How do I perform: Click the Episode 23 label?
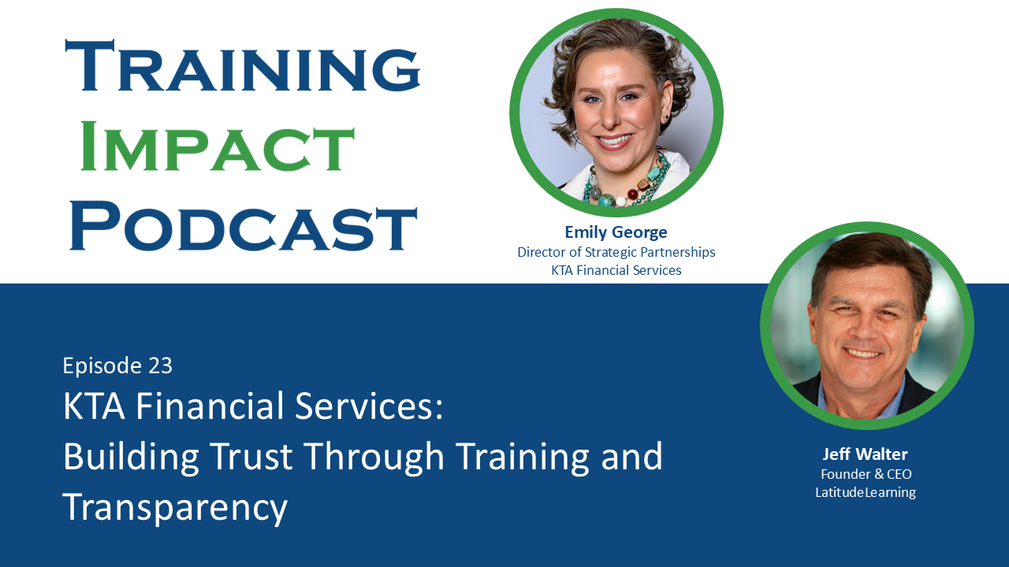(x=117, y=365)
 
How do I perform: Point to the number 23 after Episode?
(x=159, y=365)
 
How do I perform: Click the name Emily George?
(x=616, y=232)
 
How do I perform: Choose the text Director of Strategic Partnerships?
(x=616, y=252)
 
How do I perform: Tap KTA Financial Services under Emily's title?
(x=616, y=270)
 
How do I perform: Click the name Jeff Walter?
(x=865, y=454)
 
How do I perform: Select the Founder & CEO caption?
(x=866, y=474)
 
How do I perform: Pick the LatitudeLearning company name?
(x=866, y=492)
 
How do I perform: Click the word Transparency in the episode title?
(x=175, y=508)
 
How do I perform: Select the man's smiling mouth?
(x=863, y=353)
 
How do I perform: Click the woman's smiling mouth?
(x=615, y=142)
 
